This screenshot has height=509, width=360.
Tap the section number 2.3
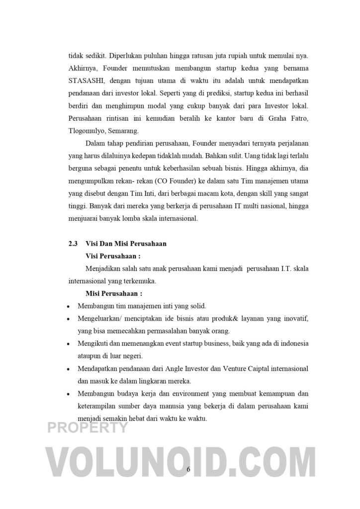[x=73, y=244]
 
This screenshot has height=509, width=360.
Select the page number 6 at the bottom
[x=188, y=470]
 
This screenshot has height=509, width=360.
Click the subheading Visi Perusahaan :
[x=113, y=256]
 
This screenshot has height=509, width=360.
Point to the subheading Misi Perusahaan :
[x=114, y=293]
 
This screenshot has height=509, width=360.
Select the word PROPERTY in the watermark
[x=88, y=428]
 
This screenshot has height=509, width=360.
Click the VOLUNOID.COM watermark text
[x=180, y=463]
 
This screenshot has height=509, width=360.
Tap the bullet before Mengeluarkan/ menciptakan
[x=68, y=319]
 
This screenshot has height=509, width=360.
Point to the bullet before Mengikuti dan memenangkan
[x=68, y=343]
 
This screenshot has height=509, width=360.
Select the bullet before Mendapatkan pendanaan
[x=68, y=369]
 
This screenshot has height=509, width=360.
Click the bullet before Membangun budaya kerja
[x=68, y=394]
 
